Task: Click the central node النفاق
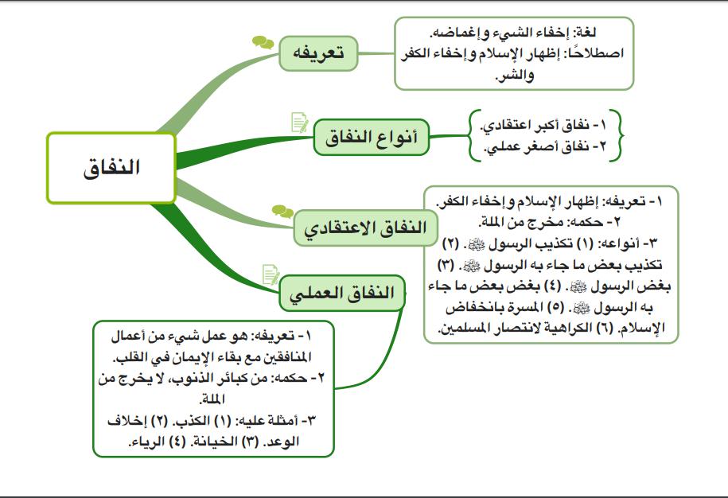(x=111, y=169)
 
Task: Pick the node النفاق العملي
(x=342, y=293)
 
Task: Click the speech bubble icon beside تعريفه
(x=263, y=41)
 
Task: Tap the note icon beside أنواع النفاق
(x=300, y=123)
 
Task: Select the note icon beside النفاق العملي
(x=271, y=274)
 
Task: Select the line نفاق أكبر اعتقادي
(x=549, y=125)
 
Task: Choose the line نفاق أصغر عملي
(x=549, y=146)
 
